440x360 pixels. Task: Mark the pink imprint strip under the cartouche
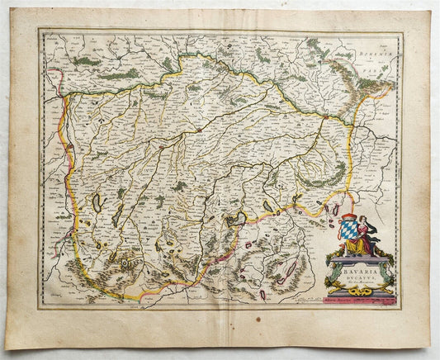click(x=358, y=301)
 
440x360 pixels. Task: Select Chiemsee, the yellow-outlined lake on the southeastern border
click(x=237, y=219)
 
